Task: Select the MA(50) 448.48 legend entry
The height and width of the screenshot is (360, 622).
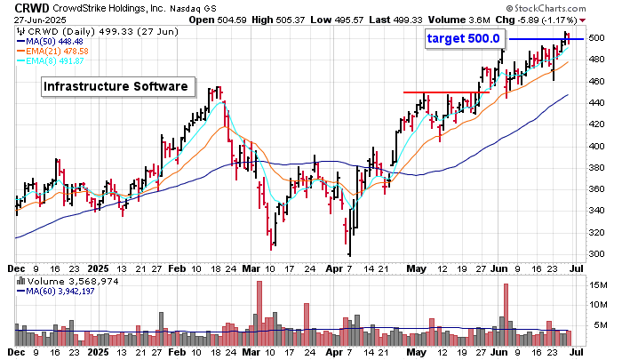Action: coord(55,41)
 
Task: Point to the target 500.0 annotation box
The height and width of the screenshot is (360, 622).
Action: coord(463,38)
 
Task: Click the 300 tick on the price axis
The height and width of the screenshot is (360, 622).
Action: coord(596,254)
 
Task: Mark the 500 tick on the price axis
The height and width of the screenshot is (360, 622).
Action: coord(596,38)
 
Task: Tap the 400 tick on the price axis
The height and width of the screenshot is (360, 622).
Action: coord(596,147)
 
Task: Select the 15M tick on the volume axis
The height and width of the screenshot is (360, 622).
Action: coord(598,285)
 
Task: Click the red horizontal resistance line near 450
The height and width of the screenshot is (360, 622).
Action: coord(445,92)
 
